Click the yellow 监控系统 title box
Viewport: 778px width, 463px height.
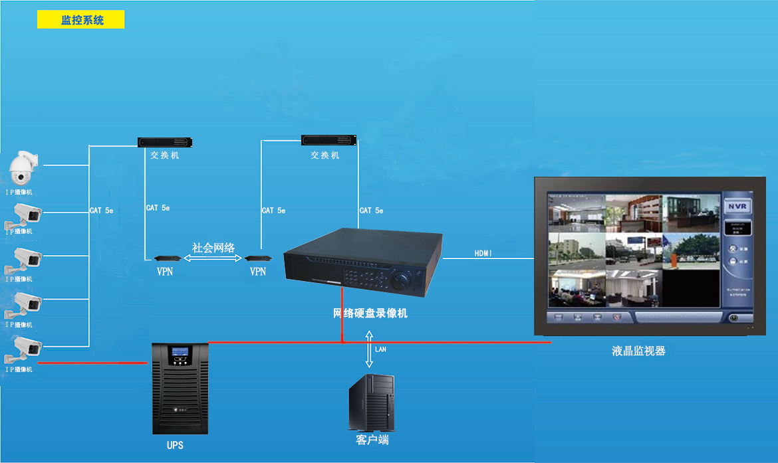81,20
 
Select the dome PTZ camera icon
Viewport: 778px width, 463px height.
23,169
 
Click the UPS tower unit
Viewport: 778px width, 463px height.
180,388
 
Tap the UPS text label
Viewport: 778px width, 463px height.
175,445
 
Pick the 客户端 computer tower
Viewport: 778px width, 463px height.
372,403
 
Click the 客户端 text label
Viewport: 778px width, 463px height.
372,440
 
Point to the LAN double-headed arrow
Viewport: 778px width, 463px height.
369,349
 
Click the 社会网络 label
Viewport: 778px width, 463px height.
213,248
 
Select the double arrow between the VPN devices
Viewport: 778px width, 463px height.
213,258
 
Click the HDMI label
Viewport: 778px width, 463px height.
484,253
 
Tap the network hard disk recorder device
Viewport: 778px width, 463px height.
363,262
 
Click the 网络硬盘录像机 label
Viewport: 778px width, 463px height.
370,313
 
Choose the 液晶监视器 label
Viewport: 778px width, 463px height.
638,351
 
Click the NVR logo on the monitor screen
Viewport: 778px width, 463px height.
736,206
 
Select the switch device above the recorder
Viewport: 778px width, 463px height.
329,140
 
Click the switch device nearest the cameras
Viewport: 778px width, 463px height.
165,141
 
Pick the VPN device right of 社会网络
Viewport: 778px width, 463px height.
256,258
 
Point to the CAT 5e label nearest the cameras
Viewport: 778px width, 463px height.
102,211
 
